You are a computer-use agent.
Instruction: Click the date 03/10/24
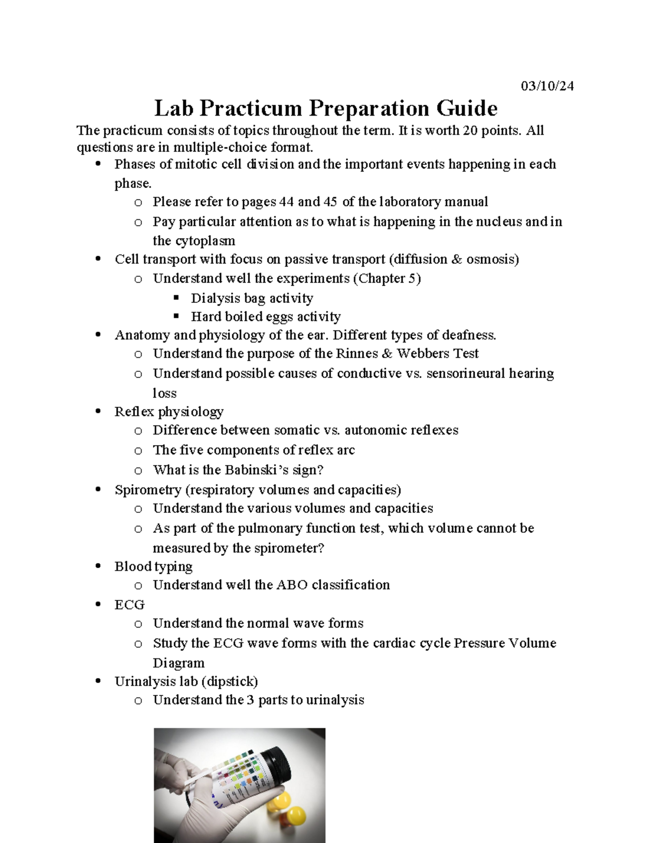547,86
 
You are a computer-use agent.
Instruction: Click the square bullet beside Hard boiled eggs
176,316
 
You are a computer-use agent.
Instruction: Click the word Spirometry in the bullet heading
148,490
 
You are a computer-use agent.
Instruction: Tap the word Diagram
178,663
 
